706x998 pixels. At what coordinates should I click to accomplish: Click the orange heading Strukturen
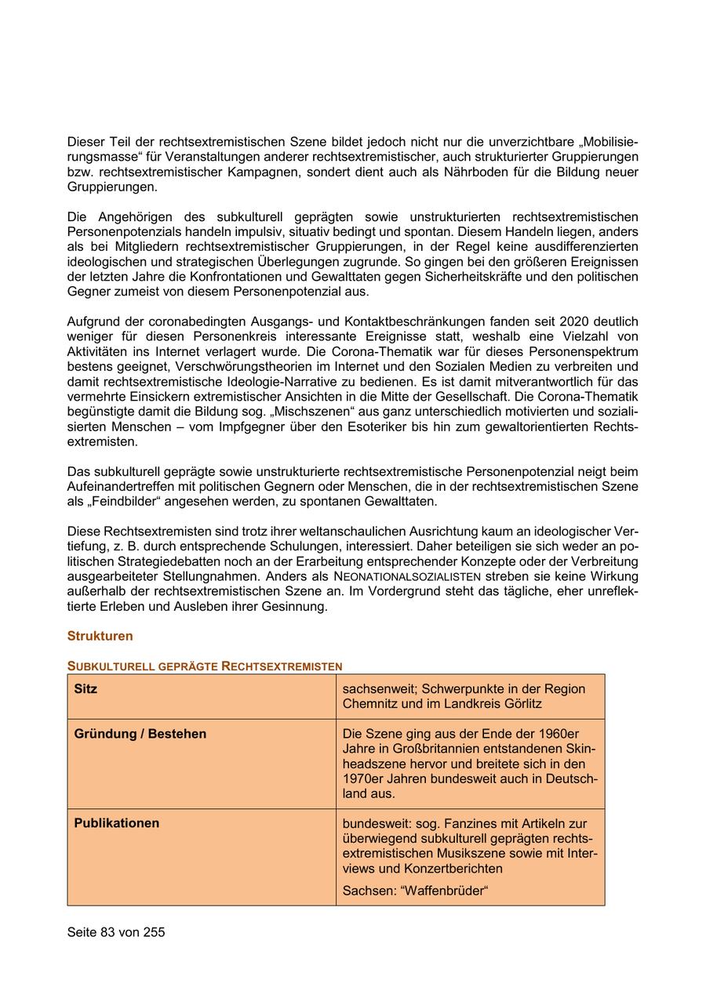tap(100, 636)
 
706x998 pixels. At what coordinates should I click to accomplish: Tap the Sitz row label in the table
tap(86, 689)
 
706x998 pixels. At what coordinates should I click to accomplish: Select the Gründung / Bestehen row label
tap(140, 734)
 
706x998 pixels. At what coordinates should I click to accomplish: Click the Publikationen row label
tap(116, 823)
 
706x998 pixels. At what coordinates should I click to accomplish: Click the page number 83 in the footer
tap(108, 932)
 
